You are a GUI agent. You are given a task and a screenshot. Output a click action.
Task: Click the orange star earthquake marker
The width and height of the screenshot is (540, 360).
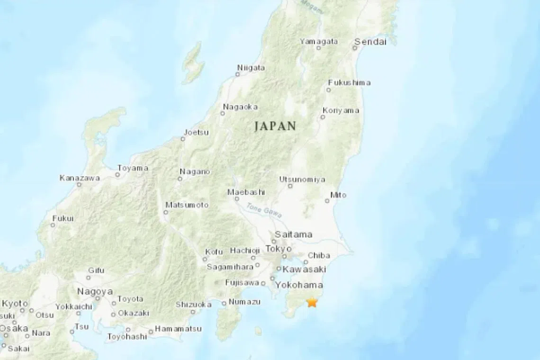(312, 302)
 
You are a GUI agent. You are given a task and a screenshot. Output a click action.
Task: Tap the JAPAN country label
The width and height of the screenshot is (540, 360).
(275, 126)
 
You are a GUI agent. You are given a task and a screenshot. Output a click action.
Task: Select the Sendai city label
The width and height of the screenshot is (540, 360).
(372, 42)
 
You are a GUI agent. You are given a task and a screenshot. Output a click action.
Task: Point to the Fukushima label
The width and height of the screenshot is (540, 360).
(349, 82)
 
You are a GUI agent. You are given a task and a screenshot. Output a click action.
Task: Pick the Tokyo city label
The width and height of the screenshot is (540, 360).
(279, 249)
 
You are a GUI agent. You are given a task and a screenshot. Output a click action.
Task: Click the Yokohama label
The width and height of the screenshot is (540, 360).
(299, 285)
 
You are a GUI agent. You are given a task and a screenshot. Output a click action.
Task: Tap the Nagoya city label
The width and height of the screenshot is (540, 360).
(95, 291)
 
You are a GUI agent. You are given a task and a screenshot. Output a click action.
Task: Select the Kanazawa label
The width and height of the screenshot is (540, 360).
(80, 178)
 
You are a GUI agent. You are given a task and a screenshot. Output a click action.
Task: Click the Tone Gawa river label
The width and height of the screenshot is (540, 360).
(264, 210)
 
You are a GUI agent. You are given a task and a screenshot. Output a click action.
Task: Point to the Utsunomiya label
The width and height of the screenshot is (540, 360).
(302, 180)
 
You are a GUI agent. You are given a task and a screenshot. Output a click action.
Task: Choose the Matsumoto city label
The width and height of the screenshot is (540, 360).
(187, 205)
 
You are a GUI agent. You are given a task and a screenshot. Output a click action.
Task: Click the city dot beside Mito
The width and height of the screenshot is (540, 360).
(327, 201)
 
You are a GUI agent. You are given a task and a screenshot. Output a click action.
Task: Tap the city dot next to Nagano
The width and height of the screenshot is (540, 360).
(180, 179)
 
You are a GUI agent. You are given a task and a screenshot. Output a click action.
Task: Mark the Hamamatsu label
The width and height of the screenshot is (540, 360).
(178, 328)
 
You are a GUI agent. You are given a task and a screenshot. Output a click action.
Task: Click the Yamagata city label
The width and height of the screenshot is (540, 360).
(319, 42)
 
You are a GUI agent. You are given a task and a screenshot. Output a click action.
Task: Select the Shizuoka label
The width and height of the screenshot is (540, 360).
(193, 305)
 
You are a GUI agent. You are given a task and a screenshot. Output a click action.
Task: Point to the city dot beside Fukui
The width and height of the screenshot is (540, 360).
(53, 225)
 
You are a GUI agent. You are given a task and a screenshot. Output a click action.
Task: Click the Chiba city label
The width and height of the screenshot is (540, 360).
(319, 255)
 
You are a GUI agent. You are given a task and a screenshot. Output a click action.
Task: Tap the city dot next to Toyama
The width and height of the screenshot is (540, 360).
(117, 175)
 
